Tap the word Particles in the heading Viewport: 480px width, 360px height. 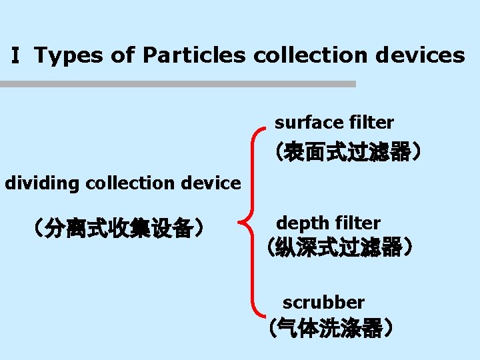click(x=194, y=55)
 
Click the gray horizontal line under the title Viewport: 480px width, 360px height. click(x=178, y=84)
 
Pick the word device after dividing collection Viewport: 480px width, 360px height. click(x=210, y=183)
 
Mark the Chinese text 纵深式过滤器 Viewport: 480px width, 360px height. click(x=339, y=247)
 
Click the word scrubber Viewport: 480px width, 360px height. click(x=323, y=302)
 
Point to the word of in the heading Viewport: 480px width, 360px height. click(x=123, y=55)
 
